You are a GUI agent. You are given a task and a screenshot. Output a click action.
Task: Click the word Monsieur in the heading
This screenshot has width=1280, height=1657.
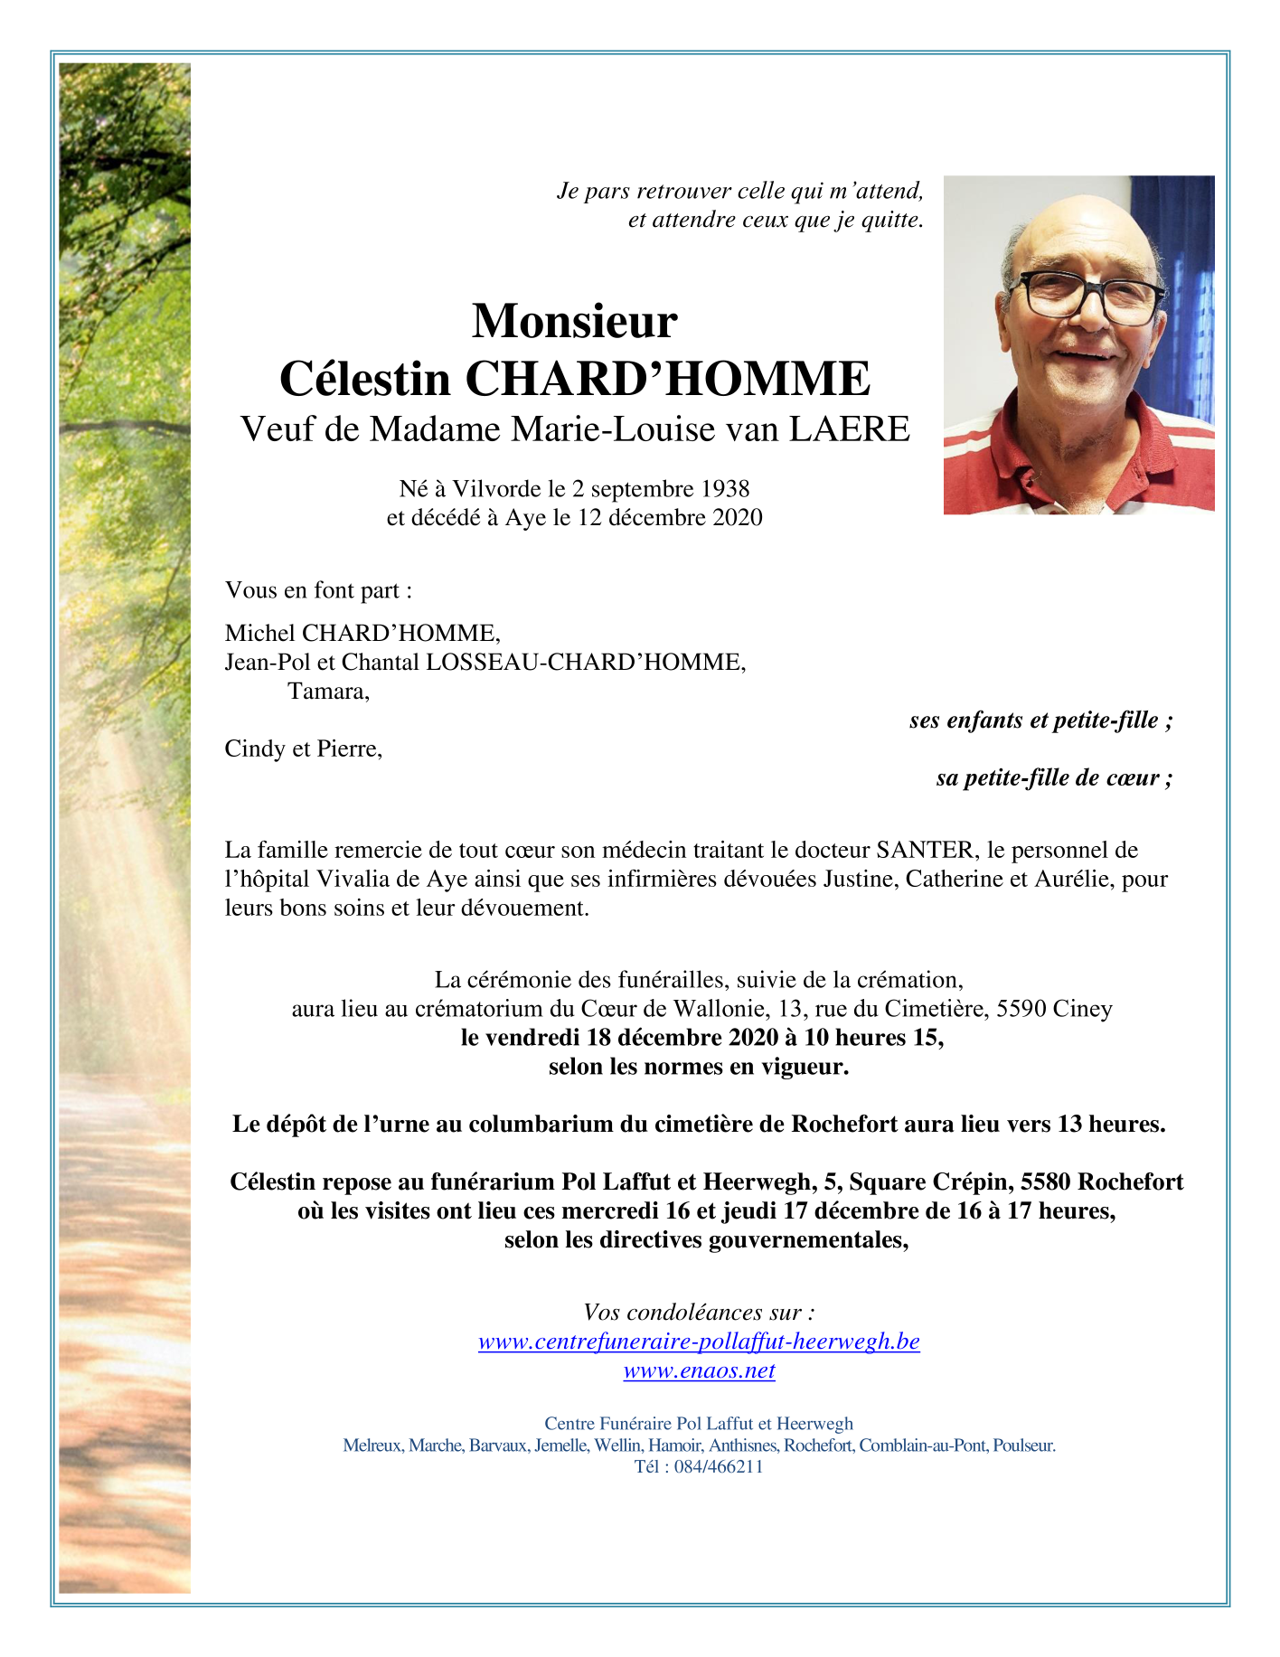[574, 321]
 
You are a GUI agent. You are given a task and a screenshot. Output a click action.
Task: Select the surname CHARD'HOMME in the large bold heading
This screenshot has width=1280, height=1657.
[667, 379]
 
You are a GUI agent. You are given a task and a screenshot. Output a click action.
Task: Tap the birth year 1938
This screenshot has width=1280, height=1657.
[724, 489]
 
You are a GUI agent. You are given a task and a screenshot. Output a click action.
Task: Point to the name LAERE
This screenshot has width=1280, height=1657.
[850, 429]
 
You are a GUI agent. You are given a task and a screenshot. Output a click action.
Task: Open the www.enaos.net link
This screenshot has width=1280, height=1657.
[699, 1370]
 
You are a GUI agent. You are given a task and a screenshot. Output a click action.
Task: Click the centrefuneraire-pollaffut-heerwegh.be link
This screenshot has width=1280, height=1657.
[699, 1342]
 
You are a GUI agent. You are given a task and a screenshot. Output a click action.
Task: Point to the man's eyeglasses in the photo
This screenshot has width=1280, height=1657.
[1088, 296]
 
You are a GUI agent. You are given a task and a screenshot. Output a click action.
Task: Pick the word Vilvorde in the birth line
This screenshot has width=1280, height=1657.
[497, 489]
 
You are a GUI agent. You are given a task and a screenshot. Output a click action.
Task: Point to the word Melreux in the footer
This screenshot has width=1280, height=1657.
[372, 1445]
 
